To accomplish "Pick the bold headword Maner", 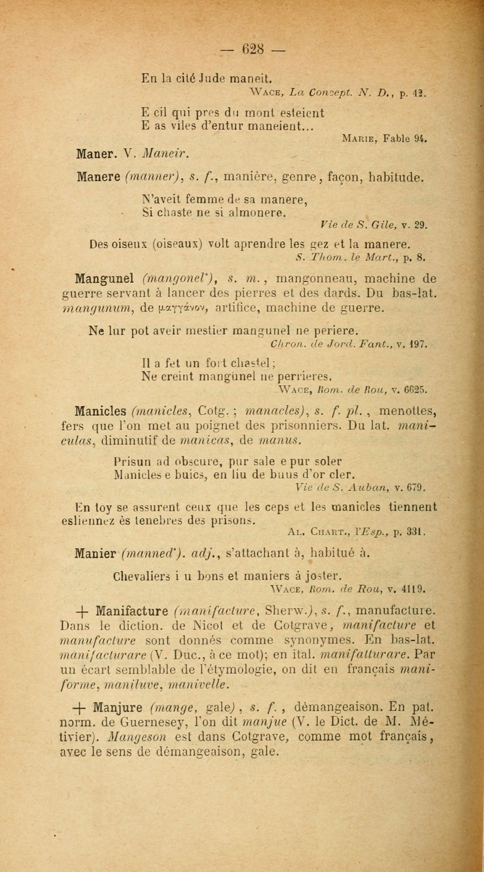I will pos(96,154).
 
